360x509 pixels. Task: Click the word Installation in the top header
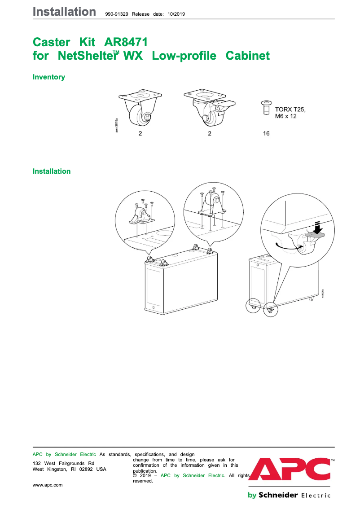pos(64,12)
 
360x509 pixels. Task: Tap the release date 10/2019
pos(176,14)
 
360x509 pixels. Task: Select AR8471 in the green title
pos(126,43)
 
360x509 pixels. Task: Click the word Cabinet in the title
pos(247,56)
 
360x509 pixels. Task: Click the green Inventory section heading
pos(49,77)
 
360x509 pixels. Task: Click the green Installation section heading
pos(52,171)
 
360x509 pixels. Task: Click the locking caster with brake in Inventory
pos(209,108)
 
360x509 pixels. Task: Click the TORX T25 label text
pos(290,109)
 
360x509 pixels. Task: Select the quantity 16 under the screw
pos(266,134)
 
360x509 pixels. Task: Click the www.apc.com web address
pos(48,485)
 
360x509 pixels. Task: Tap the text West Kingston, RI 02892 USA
pos(70,469)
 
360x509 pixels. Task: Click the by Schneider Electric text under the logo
pos(289,495)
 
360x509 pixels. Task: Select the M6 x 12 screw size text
pos(286,116)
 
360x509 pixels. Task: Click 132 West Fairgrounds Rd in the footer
pos(64,463)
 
